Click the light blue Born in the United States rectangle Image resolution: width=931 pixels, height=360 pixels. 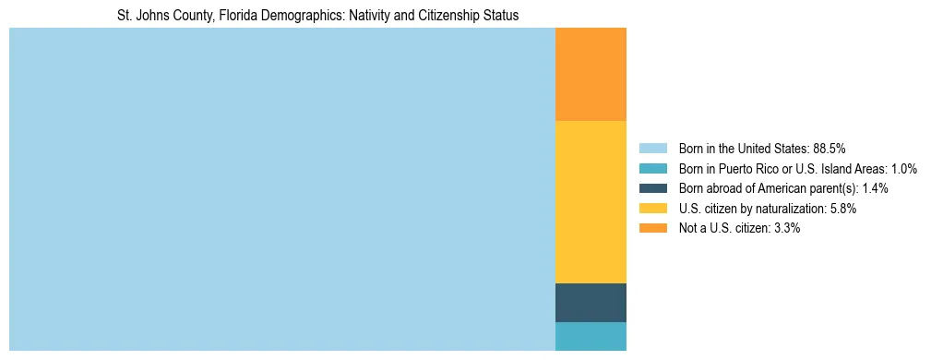pos(281,189)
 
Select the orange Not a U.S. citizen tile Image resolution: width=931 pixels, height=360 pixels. pos(591,74)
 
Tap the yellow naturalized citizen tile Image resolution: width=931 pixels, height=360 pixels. pos(591,201)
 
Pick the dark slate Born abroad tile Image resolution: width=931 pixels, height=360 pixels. pos(591,302)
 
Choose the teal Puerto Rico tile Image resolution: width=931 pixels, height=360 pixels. pos(591,336)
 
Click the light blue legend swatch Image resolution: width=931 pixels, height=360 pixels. pos(652,148)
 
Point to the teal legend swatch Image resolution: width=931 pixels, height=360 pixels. pos(652,168)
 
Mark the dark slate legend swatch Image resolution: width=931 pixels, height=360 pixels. pos(652,188)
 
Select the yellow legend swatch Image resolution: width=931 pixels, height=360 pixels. pos(652,209)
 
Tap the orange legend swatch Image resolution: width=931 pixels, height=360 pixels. pos(652,228)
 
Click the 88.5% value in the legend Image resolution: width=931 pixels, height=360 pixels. pos(830,148)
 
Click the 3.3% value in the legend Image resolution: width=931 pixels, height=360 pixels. pos(784,228)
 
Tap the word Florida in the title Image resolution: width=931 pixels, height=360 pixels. pos(239,16)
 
